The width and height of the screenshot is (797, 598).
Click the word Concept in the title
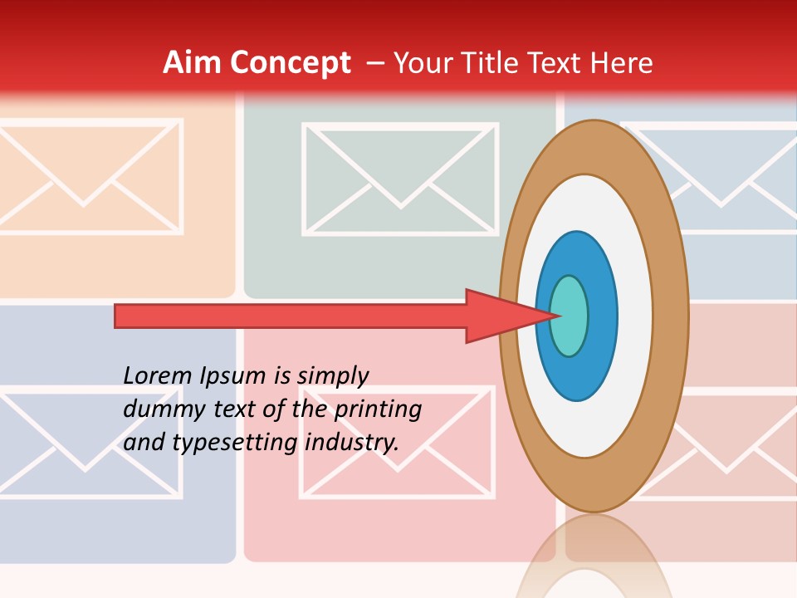click(x=291, y=63)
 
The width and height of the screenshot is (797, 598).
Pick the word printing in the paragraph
click(x=378, y=409)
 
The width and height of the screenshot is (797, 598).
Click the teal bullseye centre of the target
click(x=570, y=316)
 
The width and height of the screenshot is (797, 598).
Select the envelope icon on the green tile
click(x=400, y=179)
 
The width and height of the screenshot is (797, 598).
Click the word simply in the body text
click(x=332, y=376)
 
